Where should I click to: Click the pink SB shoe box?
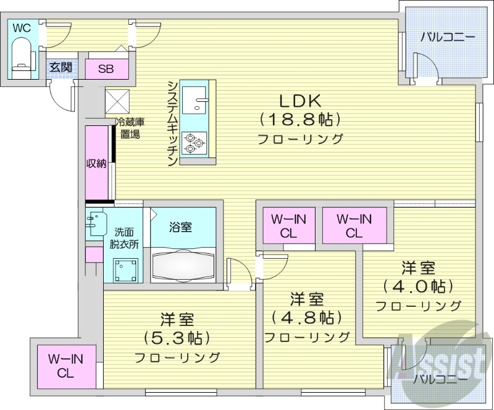[x=106, y=69]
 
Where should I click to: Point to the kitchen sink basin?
[x=196, y=99]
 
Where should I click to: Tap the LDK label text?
[x=301, y=100]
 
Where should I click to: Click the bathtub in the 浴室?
[x=183, y=264]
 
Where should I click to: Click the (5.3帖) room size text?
[x=177, y=338]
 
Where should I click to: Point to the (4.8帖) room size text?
[x=307, y=317]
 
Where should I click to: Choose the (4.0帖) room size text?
[x=419, y=287]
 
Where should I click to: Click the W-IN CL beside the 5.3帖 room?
[x=66, y=366]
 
